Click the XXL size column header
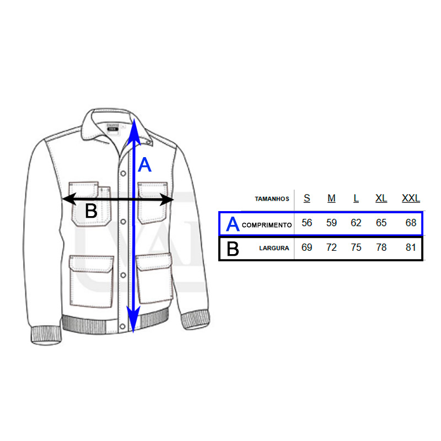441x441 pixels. click(411, 198)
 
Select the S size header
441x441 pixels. click(307, 198)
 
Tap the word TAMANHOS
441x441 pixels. click(272, 199)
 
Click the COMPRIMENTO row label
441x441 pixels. click(266, 225)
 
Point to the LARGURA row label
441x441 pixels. click(274, 248)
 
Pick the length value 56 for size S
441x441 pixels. click(307, 223)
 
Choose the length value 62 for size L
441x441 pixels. click(356, 223)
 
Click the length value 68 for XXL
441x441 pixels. click(411, 223)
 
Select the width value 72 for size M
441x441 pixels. click(331, 248)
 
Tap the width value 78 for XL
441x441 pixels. click(381, 248)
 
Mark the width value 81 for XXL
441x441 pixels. click(411, 248)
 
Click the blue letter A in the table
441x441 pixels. click(233, 224)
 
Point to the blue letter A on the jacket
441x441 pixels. click(144, 165)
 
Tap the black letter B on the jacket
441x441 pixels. click(91, 211)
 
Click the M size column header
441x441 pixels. click(331, 198)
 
